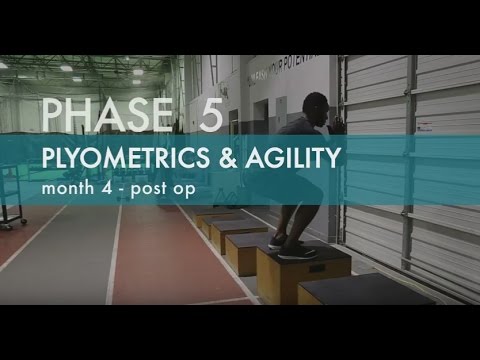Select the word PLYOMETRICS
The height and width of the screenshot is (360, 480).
coord(111,159)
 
